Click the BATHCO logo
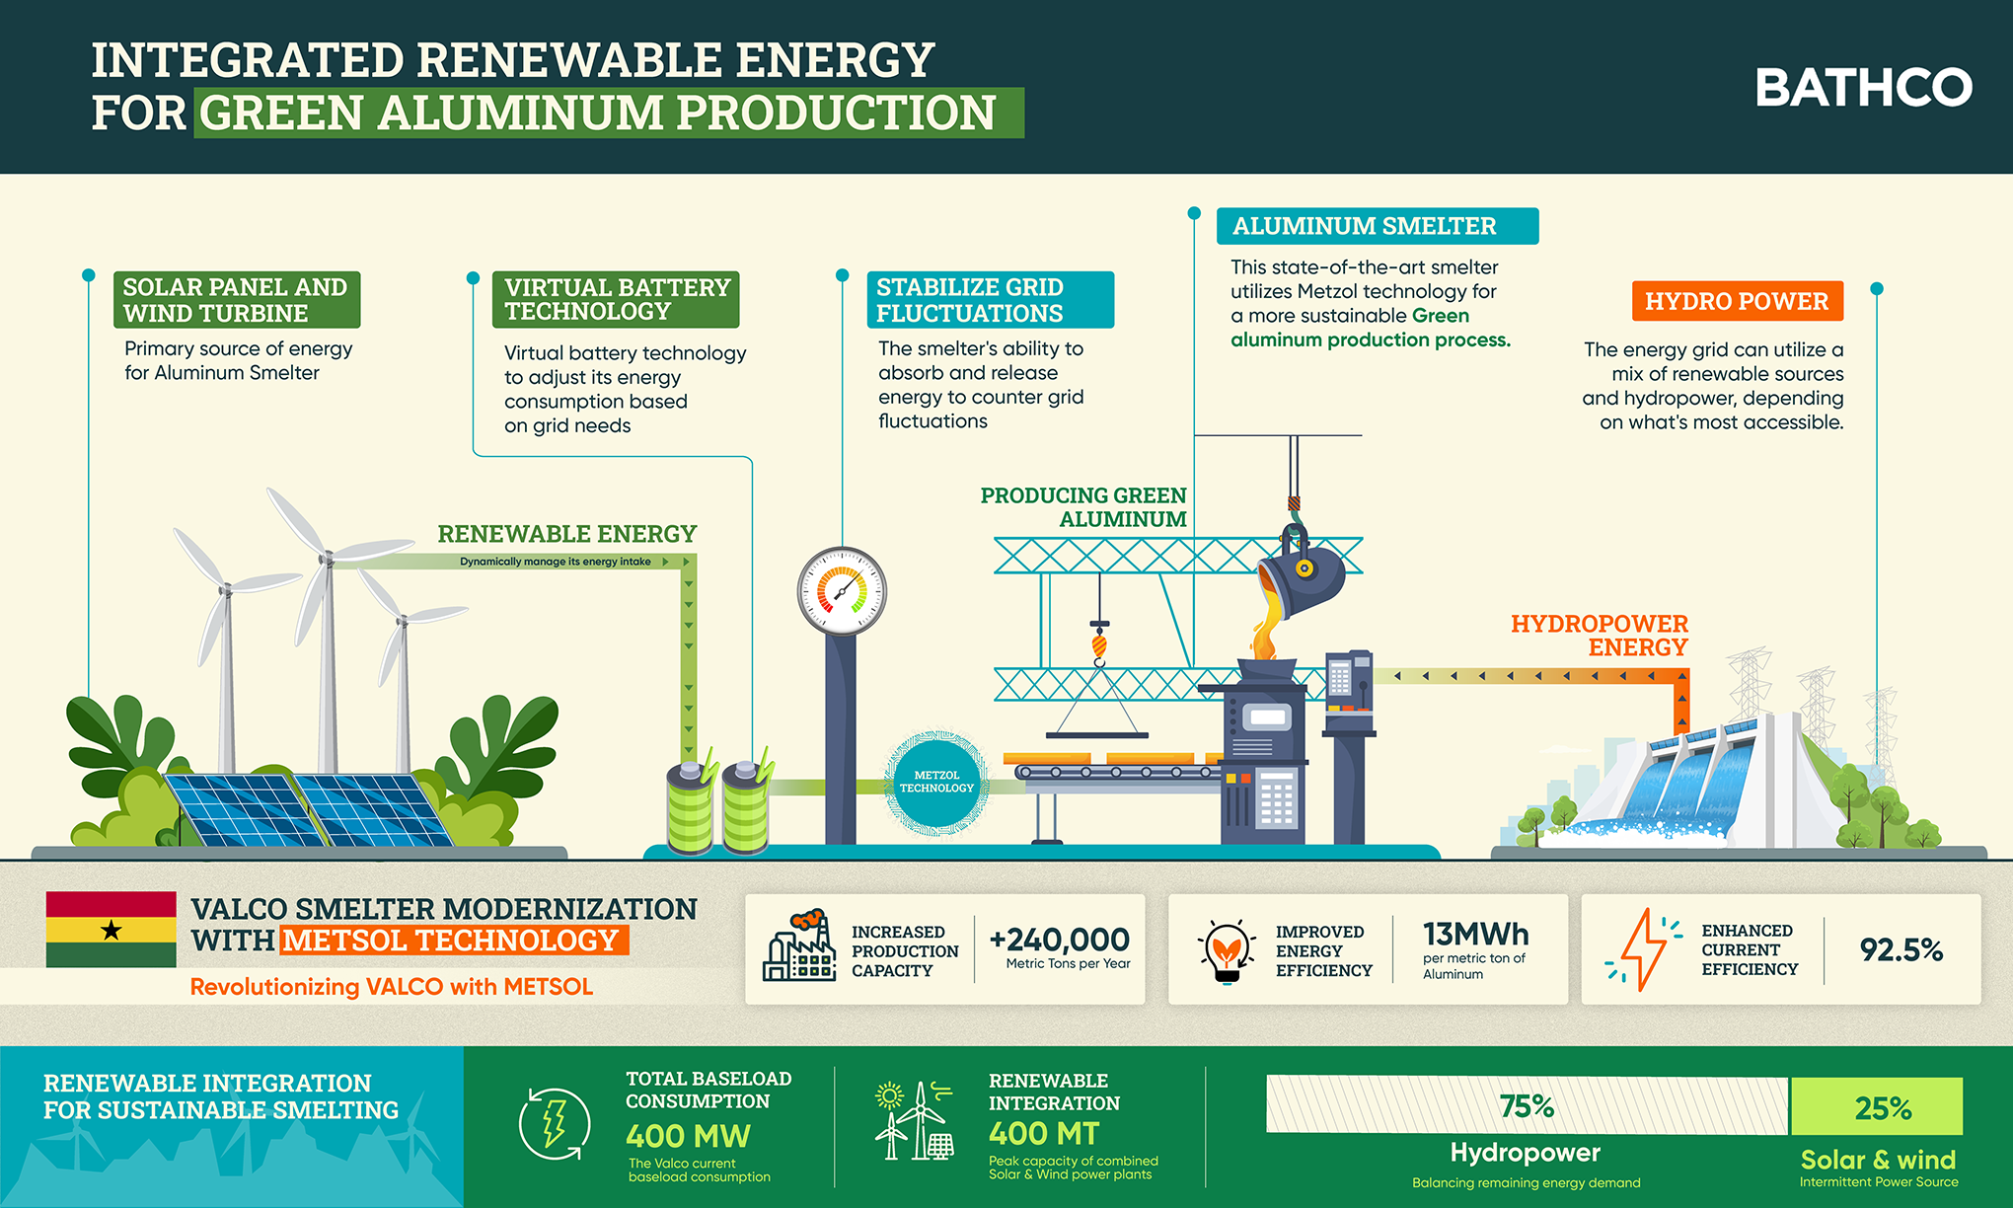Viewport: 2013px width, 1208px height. [x=1863, y=88]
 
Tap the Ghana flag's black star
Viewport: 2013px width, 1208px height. [x=112, y=930]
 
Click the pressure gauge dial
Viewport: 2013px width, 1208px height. [x=842, y=591]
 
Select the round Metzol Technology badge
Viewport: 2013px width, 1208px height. [x=936, y=782]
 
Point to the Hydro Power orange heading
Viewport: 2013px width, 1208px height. [x=1737, y=301]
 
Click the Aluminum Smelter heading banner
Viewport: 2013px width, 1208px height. [x=1376, y=226]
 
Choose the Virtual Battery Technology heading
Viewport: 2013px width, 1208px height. [x=617, y=299]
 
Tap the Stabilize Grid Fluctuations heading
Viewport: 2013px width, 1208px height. [x=989, y=300]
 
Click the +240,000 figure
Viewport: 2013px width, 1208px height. [x=1059, y=939]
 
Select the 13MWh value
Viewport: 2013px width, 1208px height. [x=1475, y=934]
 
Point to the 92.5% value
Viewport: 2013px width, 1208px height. [x=1901, y=949]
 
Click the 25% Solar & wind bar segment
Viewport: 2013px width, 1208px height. [x=1877, y=1106]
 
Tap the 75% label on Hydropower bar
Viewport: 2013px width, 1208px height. [x=1527, y=1106]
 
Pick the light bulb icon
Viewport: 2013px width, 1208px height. [x=1227, y=950]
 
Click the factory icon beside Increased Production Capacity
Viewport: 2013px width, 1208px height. [x=798, y=947]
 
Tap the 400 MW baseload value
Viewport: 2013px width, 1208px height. [x=688, y=1136]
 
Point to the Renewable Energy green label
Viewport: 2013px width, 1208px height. [x=566, y=534]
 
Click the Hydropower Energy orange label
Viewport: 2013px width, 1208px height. [x=1600, y=636]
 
